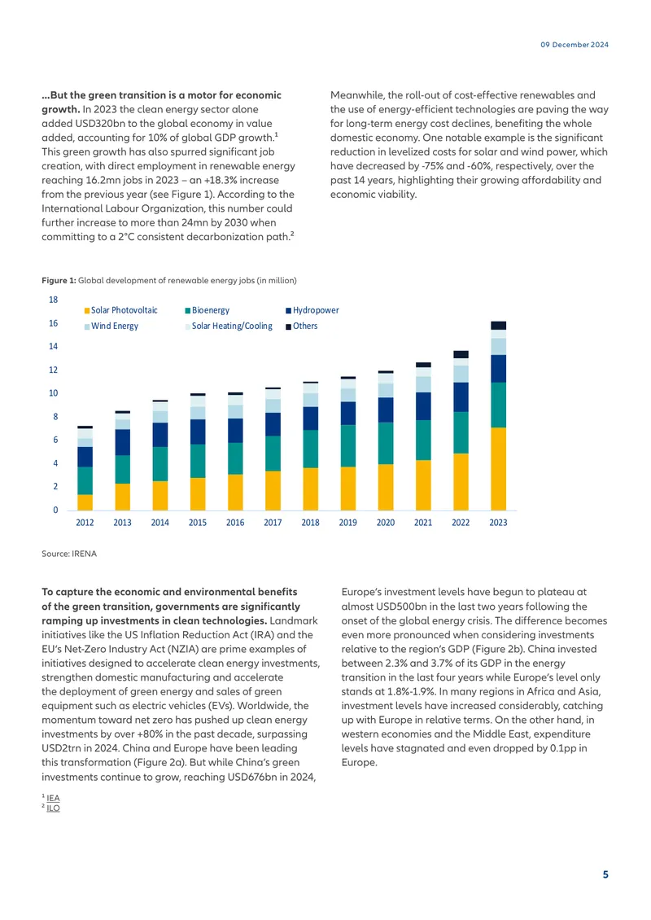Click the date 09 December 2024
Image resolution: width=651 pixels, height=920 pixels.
[575, 45]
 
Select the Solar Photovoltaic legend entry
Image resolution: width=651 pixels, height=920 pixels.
[120, 310]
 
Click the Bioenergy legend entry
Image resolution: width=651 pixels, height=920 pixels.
[207, 310]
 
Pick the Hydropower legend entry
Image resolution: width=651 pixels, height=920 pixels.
[312, 310]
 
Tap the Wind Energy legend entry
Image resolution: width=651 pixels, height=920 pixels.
[111, 326]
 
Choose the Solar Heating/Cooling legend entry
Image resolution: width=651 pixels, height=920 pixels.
[229, 326]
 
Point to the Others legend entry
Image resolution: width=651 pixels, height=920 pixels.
[301, 326]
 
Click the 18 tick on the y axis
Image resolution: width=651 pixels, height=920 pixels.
[54, 300]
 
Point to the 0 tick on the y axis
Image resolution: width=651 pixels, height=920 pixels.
[55, 510]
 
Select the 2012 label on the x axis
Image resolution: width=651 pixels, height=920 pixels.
[85, 523]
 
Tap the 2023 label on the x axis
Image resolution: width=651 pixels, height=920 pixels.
[499, 523]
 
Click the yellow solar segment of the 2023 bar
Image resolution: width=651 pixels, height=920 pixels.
[499, 469]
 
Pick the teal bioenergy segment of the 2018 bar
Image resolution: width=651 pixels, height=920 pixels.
[310, 449]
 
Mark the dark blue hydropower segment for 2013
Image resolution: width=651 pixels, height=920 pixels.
[123, 442]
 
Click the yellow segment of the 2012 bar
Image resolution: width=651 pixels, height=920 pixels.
[85, 502]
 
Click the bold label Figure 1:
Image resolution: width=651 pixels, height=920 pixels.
[59, 280]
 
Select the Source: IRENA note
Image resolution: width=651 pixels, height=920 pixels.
[69, 554]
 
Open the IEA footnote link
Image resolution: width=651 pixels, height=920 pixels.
[53, 798]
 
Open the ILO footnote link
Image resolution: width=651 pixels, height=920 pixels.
[53, 808]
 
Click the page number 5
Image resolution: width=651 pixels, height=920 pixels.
[606, 875]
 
